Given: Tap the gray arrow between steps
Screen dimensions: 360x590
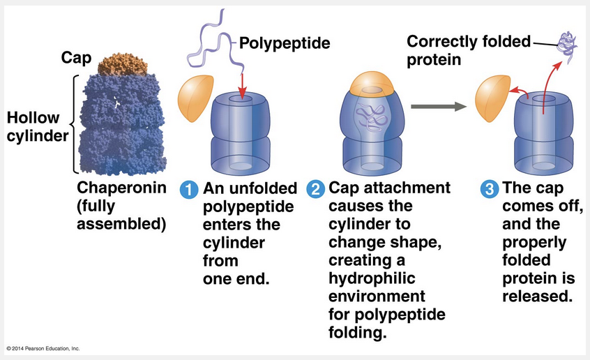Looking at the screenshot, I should coord(437,107).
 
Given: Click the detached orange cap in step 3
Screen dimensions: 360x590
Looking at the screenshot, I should coord(491,103).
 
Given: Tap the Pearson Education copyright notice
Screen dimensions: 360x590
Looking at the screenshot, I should coord(43,348).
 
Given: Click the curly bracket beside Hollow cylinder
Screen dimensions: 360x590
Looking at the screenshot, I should coord(73,124).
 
